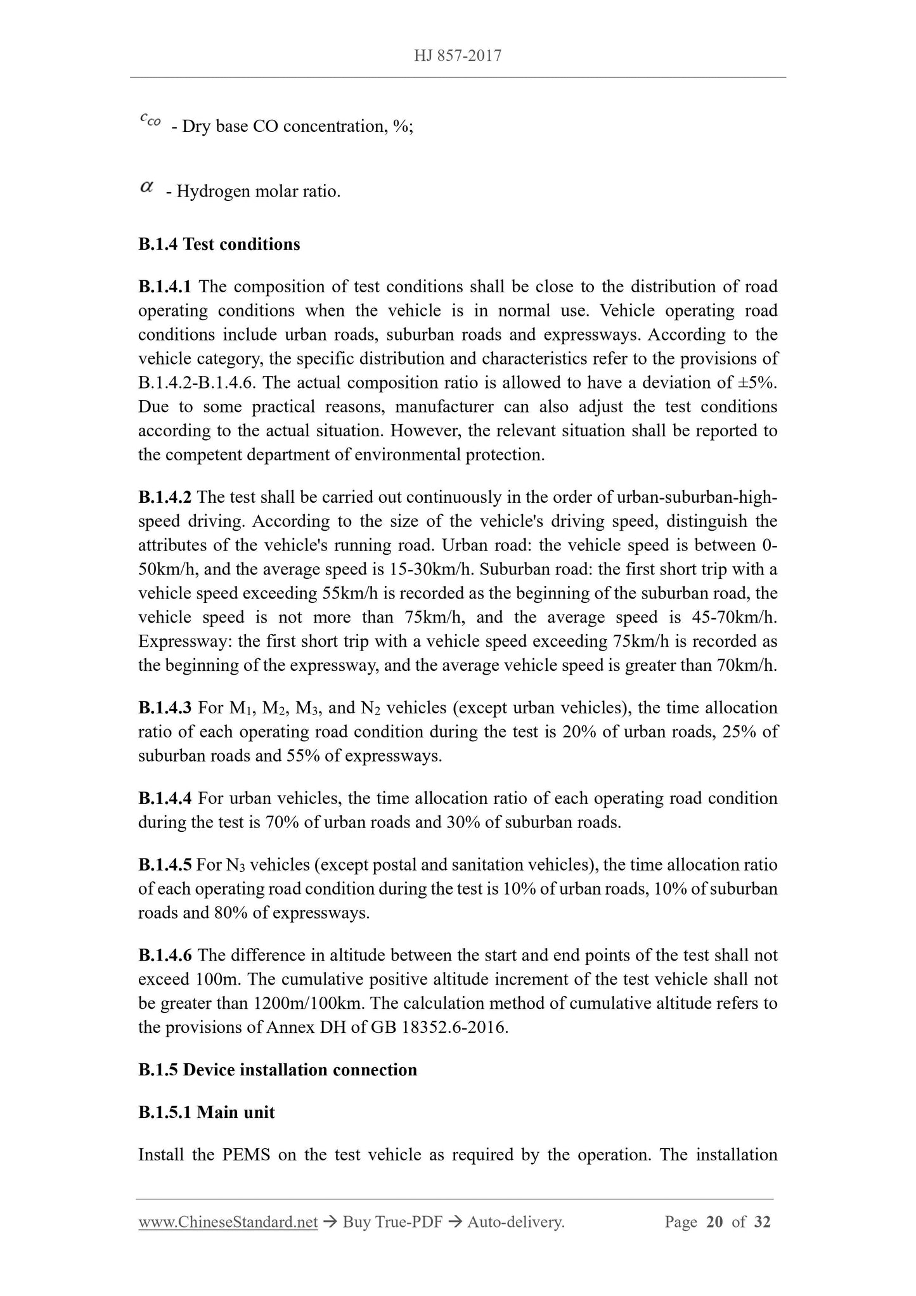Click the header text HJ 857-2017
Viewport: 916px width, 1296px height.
[458, 56]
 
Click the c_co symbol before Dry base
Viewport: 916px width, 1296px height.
[150, 119]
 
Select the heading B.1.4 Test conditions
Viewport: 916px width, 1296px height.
[219, 244]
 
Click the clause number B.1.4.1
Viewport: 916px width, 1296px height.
[165, 287]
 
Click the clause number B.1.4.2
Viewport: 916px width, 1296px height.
[165, 498]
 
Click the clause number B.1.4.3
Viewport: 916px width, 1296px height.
[165, 708]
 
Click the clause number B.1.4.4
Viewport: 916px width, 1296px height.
[165, 798]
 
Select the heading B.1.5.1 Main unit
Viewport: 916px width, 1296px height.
[207, 1112]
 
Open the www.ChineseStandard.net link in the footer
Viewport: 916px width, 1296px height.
[228, 1222]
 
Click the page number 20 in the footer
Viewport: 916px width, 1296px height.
[714, 1222]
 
